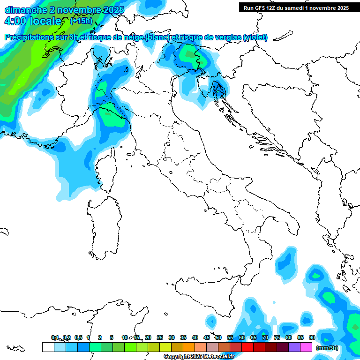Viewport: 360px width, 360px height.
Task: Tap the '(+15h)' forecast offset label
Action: point(81,21)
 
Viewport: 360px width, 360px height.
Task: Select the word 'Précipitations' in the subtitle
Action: point(29,37)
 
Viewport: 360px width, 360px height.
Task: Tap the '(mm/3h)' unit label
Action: point(327,348)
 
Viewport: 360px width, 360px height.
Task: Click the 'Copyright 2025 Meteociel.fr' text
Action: point(199,357)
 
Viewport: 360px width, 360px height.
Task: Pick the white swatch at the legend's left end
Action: point(48,347)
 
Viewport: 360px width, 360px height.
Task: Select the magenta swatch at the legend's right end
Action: point(306,347)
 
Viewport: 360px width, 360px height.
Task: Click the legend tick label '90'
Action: point(312,337)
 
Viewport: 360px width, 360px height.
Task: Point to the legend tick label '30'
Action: point(172,337)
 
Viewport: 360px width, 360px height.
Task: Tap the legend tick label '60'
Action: point(242,337)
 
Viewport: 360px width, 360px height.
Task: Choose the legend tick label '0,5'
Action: point(78,337)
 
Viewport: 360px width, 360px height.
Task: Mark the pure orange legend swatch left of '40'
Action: point(189,347)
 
